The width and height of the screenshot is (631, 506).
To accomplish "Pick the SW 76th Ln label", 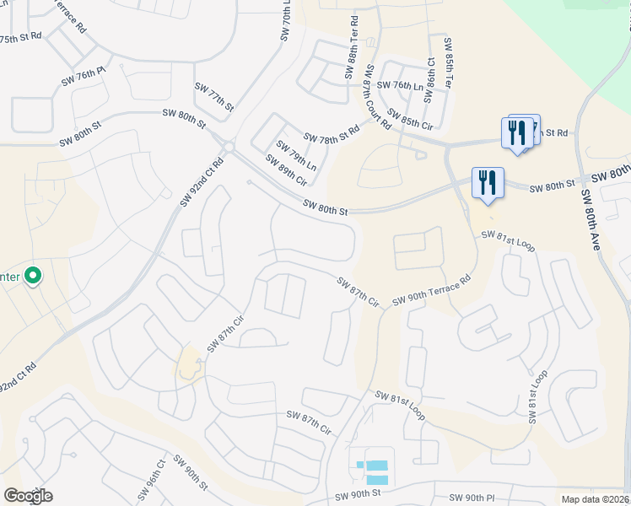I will [x=399, y=85].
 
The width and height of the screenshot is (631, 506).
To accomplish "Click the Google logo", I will [x=28, y=496].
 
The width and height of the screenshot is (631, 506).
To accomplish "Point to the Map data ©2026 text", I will [x=595, y=499].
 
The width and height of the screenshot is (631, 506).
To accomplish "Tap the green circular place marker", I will [x=33, y=276].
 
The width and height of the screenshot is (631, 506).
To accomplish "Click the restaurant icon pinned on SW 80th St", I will [x=487, y=183].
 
